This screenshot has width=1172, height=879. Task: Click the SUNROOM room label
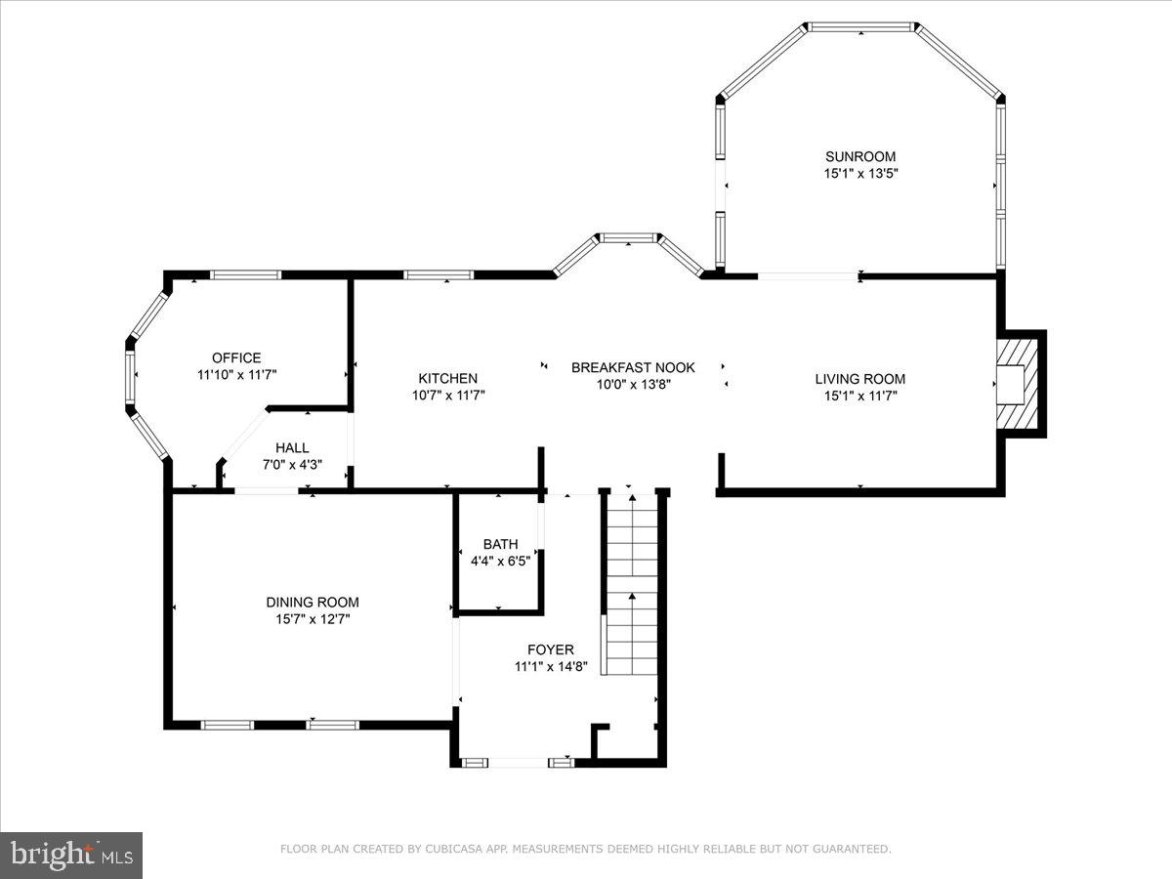pyautogui.click(x=859, y=156)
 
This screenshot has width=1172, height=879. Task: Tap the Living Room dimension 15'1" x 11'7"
pyautogui.click(x=859, y=396)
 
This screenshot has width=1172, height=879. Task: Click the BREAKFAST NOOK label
pyautogui.click(x=633, y=367)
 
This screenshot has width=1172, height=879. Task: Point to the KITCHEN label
pyautogui.click(x=448, y=378)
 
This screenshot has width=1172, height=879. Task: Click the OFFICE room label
pyautogui.click(x=236, y=357)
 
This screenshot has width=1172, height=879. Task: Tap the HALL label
pyautogui.click(x=291, y=447)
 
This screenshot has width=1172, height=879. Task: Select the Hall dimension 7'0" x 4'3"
pyautogui.click(x=291, y=465)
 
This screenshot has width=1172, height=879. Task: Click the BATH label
pyautogui.click(x=500, y=544)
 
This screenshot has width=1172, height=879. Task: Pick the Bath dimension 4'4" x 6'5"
pyautogui.click(x=500, y=561)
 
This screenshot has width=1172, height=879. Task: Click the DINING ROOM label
pyautogui.click(x=313, y=603)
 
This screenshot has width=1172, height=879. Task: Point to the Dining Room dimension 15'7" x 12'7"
pyautogui.click(x=313, y=619)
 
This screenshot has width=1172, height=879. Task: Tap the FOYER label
pyautogui.click(x=551, y=649)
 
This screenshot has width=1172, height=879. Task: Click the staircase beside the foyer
pyautogui.click(x=632, y=586)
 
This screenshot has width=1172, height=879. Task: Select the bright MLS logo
pyautogui.click(x=71, y=856)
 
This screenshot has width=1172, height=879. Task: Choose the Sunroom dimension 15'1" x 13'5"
pyautogui.click(x=859, y=174)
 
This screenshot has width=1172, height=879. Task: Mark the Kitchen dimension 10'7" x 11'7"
pyautogui.click(x=448, y=396)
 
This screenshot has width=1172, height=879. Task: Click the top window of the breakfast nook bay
pyautogui.click(x=628, y=237)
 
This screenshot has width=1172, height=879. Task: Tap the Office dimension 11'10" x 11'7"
pyautogui.click(x=236, y=375)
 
